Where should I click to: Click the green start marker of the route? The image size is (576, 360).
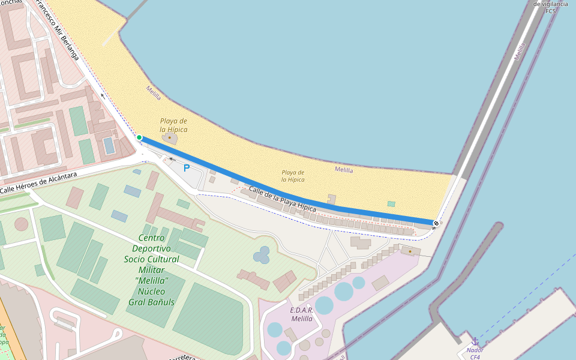tap(139, 137)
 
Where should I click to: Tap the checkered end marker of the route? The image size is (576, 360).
tap(436, 223)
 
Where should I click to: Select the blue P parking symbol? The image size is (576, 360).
tap(187, 168)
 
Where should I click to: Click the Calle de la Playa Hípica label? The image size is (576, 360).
tap(282, 199)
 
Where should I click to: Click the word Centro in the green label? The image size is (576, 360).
tap(151, 238)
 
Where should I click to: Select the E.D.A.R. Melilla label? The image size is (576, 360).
tap(302, 314)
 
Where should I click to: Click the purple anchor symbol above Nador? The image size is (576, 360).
tap(475, 341)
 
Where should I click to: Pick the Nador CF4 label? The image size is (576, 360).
tap(475, 353)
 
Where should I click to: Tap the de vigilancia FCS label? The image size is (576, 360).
tap(550, 7)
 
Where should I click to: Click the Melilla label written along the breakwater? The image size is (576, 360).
tap(520, 52)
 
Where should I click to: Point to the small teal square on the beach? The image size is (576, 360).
tap(391, 204)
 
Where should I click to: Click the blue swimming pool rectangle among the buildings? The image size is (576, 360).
tap(109, 145)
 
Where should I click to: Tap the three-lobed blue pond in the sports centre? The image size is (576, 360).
tap(262, 256)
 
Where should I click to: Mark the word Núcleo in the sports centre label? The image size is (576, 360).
tap(151, 291)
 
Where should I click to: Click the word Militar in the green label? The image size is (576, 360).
tap(151, 269)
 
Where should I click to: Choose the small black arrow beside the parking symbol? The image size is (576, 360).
tap(172, 159)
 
